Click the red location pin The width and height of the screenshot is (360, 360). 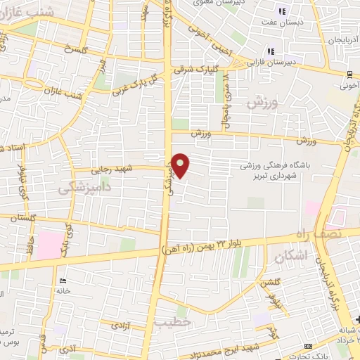[x=181, y=165]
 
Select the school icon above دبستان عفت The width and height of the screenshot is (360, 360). [x=282, y=11]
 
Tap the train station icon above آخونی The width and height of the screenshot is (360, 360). [x=349, y=75]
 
